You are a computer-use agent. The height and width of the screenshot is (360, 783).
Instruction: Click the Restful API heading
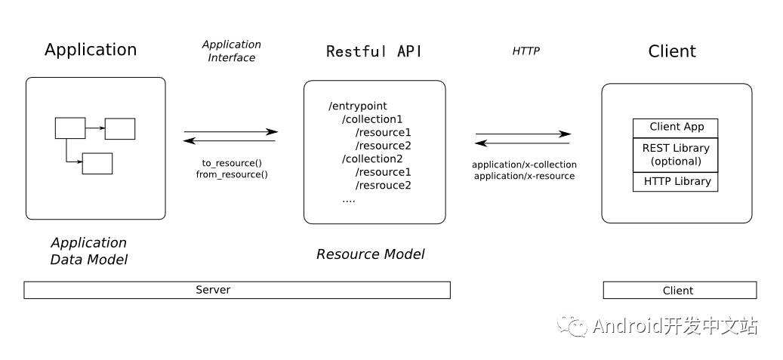point(374,51)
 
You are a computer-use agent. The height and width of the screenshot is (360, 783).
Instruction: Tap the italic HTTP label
point(526,51)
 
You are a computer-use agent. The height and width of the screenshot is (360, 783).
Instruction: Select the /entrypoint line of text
point(358,106)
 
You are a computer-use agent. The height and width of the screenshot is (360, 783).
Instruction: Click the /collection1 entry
point(372,119)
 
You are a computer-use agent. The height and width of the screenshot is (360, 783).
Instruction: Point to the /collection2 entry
point(372,159)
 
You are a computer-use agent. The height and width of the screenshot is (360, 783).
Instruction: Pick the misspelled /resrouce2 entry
point(383,186)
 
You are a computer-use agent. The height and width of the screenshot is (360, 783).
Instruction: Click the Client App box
point(676,128)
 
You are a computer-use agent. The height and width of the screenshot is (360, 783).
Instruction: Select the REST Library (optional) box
point(676,155)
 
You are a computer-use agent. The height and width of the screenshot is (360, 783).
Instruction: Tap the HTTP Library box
point(676,182)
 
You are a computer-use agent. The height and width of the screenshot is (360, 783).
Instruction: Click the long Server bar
point(237,290)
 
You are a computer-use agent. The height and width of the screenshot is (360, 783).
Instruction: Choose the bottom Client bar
point(679,291)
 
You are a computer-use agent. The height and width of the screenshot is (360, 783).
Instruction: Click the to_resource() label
point(231,163)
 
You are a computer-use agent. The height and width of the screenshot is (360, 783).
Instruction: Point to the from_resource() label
point(231,174)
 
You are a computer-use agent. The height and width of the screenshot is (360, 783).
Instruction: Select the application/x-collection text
point(524,165)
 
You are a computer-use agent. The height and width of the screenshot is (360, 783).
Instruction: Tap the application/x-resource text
point(524,176)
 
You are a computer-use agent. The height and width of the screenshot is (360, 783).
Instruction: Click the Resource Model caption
point(370,254)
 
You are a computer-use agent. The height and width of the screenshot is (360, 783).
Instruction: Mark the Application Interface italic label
point(231,51)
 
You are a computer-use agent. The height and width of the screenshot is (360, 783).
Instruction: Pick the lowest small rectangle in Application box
point(97,163)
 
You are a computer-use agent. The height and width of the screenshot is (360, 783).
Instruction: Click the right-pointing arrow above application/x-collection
point(523,134)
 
